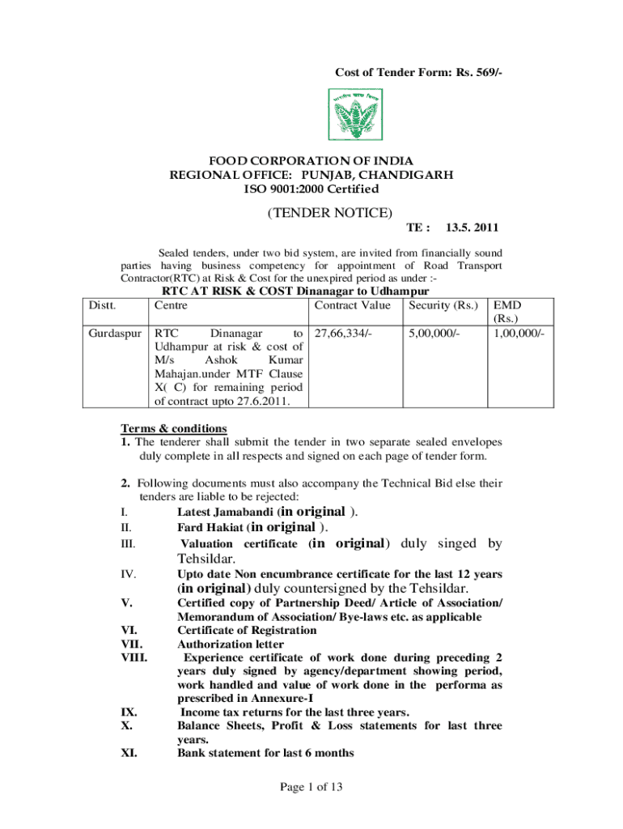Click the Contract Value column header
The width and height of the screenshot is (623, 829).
click(352, 305)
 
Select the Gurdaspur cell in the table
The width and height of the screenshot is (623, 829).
click(116, 333)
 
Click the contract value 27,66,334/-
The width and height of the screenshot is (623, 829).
click(343, 333)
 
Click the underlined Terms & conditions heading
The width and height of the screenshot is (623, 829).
click(174, 428)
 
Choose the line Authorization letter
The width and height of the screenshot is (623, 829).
click(231, 644)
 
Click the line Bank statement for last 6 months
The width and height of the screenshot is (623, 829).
click(265, 753)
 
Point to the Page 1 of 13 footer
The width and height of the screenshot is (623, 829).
click(311, 786)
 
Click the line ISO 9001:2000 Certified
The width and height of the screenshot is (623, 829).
click(311, 189)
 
